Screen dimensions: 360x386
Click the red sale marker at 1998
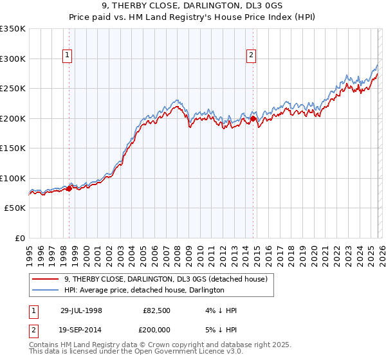tap(69, 188)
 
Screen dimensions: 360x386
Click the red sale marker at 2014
tap(253, 118)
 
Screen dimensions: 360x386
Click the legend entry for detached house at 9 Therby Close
tap(169, 279)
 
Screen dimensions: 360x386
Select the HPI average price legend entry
tap(143, 290)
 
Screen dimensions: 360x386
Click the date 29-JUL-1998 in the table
tap(81, 310)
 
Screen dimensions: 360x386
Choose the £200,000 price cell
tap(154, 331)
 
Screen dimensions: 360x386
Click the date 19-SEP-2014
tap(81, 331)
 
